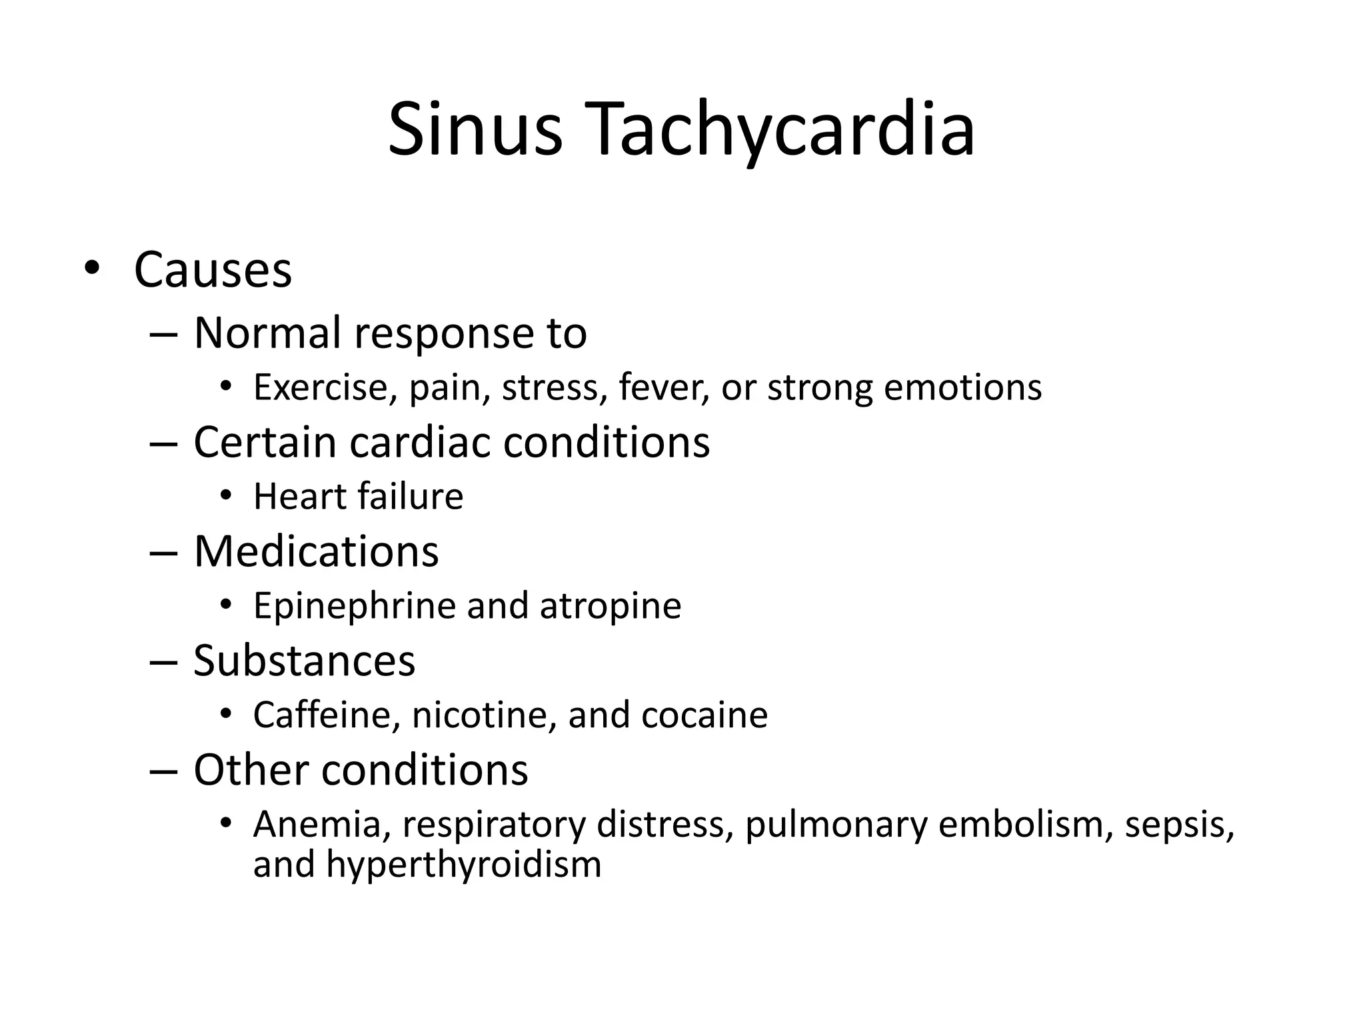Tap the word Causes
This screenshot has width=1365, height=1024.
click(x=213, y=270)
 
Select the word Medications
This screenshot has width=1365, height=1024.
click(x=316, y=552)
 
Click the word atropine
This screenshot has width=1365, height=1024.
click(x=611, y=606)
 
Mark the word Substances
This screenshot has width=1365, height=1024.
click(x=304, y=661)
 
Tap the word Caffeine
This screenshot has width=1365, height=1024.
click(x=327, y=715)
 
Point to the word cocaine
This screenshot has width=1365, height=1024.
click(x=704, y=715)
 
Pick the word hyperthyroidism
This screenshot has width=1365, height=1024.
click(x=464, y=865)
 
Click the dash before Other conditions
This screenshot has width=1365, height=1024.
click(x=164, y=771)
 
